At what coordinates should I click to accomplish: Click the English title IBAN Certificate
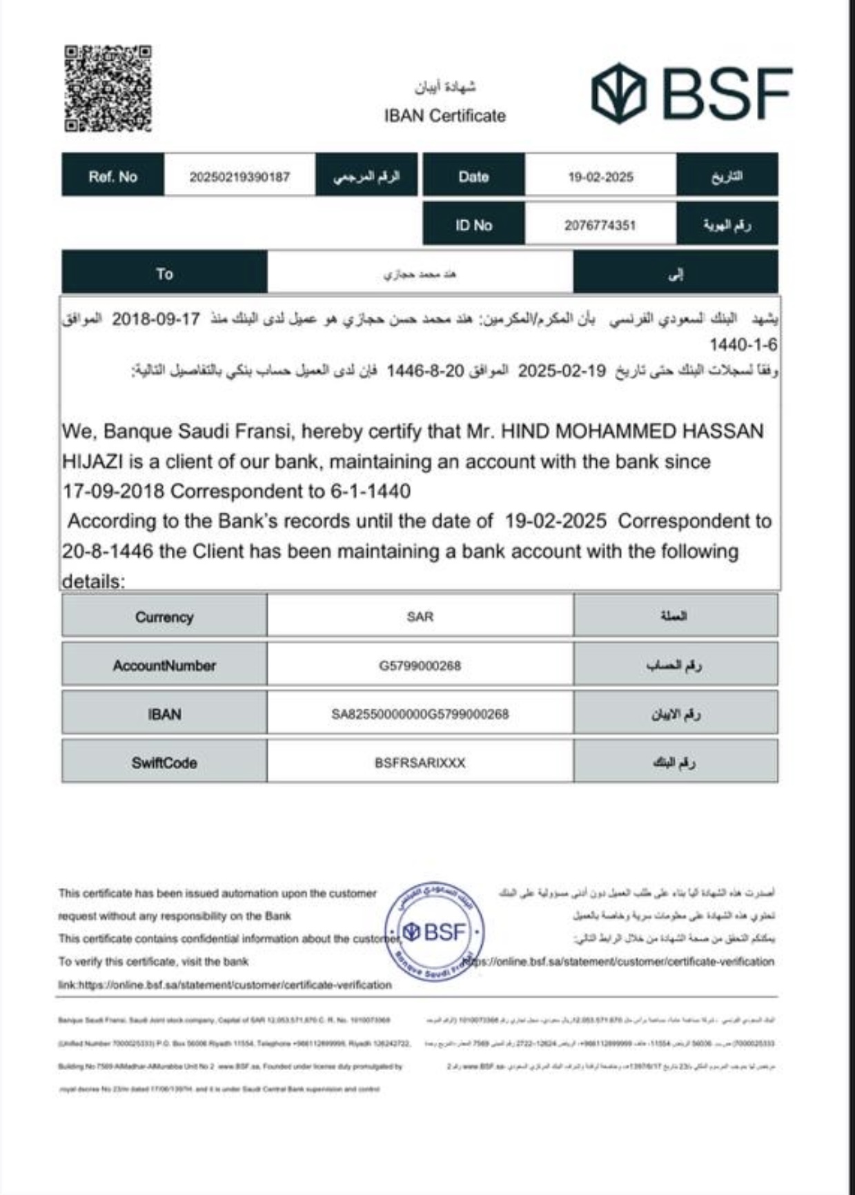click(444, 116)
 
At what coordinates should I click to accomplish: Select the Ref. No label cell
click(112, 177)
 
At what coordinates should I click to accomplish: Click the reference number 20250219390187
click(239, 177)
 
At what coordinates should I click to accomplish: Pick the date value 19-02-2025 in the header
click(600, 177)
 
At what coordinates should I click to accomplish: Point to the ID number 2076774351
click(600, 226)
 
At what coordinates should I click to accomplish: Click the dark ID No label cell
click(473, 225)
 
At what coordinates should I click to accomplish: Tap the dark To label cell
click(164, 274)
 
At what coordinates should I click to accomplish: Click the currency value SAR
click(420, 616)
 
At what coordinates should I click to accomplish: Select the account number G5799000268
click(420, 666)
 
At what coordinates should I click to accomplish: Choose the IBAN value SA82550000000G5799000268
click(420, 714)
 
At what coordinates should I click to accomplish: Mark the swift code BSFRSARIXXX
click(420, 763)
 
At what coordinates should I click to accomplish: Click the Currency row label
click(164, 617)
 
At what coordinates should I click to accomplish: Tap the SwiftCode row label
click(164, 763)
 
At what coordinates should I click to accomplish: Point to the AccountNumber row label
click(164, 666)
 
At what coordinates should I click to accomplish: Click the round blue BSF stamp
click(435, 932)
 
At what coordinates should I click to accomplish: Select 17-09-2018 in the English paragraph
click(113, 491)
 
